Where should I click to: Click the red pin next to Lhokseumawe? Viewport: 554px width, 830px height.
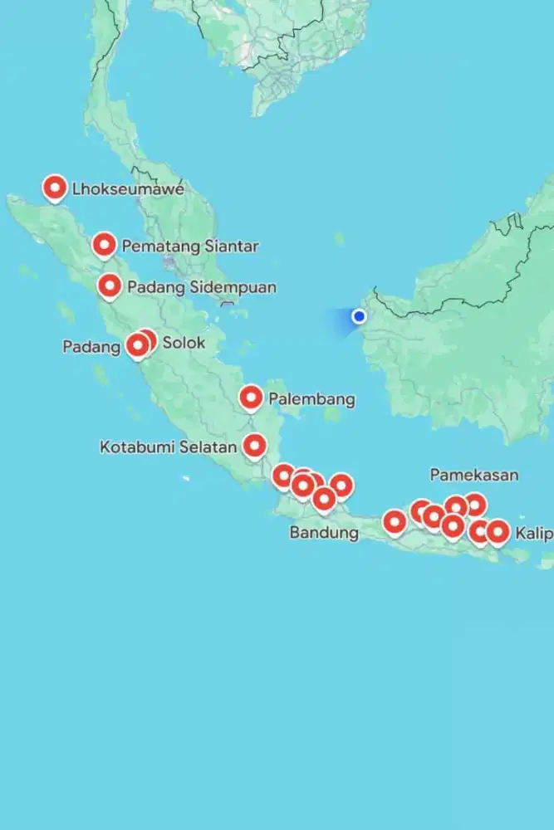[55, 188]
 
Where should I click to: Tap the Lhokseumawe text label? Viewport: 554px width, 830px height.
[128, 189]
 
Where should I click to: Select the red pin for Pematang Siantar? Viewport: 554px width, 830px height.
[104, 245]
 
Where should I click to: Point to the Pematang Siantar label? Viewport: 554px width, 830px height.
[190, 247]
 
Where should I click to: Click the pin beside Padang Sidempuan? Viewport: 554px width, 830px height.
[110, 286]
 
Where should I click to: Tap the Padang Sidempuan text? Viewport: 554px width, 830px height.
[202, 287]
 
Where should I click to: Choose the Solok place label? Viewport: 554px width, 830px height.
[184, 343]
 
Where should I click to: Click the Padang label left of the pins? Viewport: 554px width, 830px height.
[91, 347]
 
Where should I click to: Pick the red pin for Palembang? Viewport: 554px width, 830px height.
[252, 398]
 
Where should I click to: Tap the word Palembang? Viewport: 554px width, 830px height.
[311, 399]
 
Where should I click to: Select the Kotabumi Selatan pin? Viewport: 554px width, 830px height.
[254, 447]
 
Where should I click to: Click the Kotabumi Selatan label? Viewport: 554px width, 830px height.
[169, 447]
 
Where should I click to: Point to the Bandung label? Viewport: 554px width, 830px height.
[324, 533]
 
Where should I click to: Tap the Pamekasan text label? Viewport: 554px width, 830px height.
[473, 475]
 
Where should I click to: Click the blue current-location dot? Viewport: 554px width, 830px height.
[360, 316]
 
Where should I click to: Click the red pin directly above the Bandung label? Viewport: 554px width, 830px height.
[324, 499]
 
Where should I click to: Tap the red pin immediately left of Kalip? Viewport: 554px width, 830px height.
[498, 531]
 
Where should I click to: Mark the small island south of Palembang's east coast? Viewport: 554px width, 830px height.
[332, 414]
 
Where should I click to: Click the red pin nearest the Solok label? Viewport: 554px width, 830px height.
[146, 340]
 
